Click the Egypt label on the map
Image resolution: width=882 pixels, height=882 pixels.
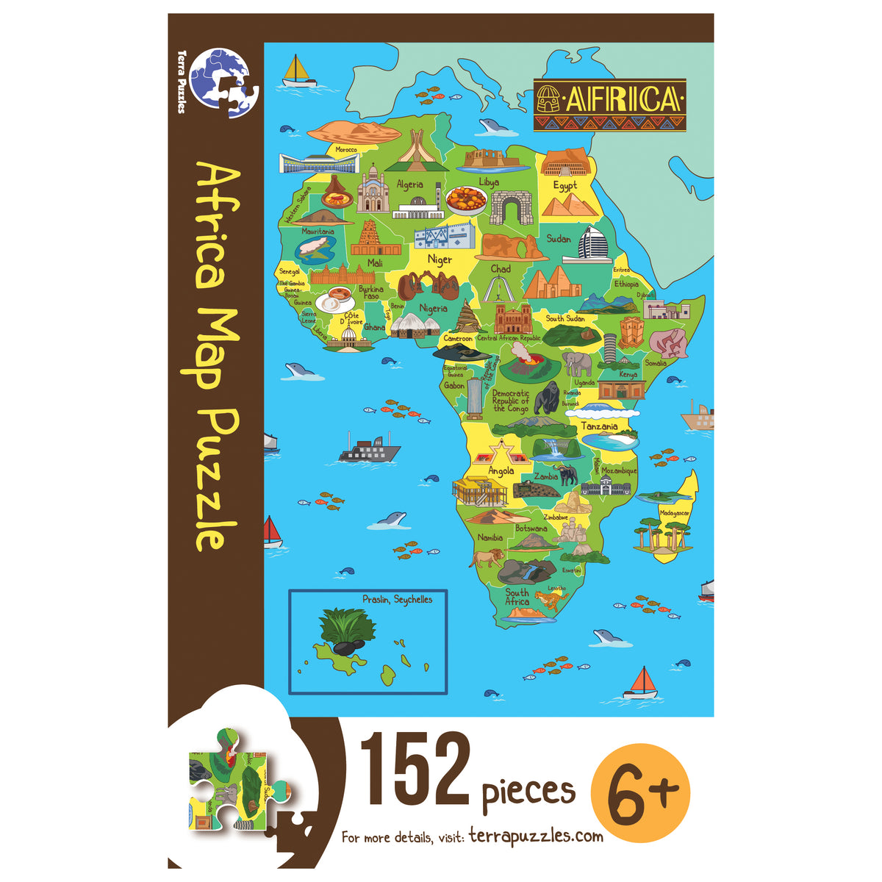tap(564, 185)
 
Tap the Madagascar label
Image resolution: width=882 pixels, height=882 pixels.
tap(675, 513)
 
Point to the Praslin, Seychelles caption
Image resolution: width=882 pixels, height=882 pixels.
tap(397, 600)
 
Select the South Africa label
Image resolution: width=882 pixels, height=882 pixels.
tap(517, 597)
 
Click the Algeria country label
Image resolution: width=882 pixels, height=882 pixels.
tap(409, 184)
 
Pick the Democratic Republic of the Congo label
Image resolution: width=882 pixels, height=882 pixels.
tap(511, 401)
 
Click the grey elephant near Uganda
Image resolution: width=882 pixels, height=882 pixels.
tap(578, 363)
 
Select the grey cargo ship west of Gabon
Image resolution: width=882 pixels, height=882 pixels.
tap(369, 448)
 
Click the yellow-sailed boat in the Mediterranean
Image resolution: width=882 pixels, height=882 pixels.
tap(298, 71)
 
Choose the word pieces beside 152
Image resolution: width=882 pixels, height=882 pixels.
tap(528, 791)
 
